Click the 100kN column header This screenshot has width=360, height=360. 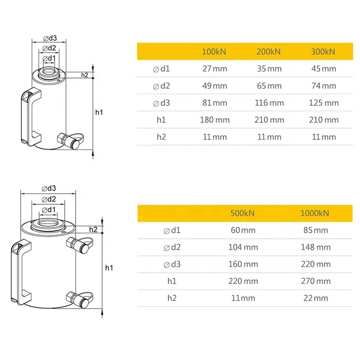click(x=214, y=52)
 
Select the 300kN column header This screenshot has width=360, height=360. click(x=323, y=52)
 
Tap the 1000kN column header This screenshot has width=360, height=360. click(x=315, y=213)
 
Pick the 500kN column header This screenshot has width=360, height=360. click(x=243, y=213)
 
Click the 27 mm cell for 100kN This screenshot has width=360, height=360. click(x=215, y=69)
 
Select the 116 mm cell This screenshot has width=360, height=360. click(x=269, y=103)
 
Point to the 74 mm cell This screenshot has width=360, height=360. click(x=324, y=86)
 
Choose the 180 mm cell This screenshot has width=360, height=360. click(x=215, y=120)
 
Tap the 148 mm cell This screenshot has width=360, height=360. click(x=316, y=247)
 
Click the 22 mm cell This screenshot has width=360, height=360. click(x=316, y=298)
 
